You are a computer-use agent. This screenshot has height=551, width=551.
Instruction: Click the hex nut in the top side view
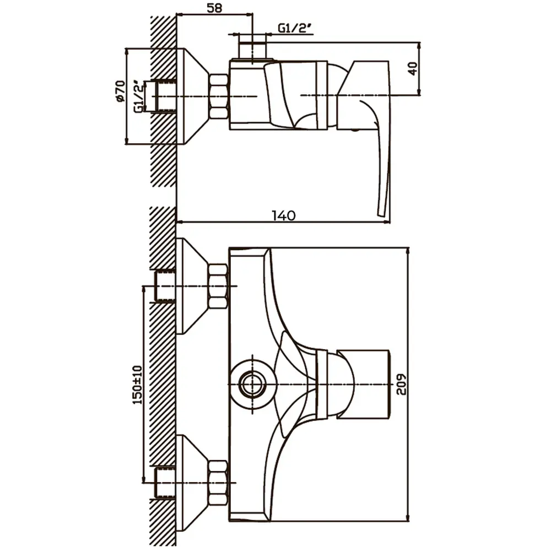tap(219, 96)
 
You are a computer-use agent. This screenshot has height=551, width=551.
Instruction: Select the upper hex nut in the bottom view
tap(218, 287)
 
